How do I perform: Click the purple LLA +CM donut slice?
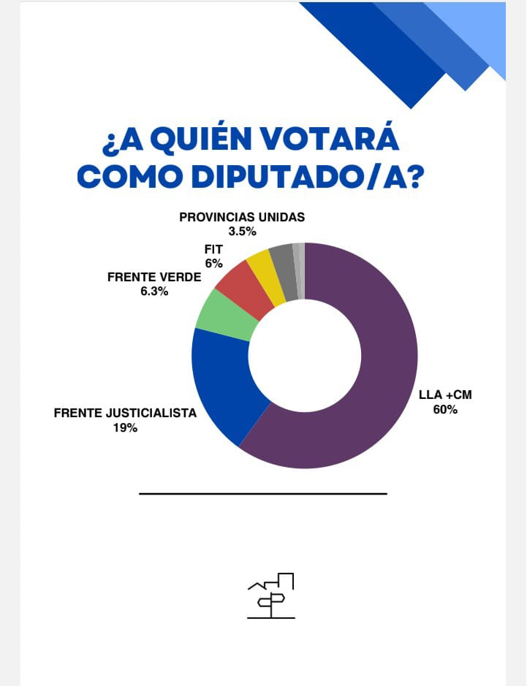(x=380, y=380)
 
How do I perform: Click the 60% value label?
(x=444, y=409)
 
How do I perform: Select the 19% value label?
(x=125, y=428)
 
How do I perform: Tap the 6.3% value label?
(x=153, y=291)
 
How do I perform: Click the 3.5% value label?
(x=241, y=232)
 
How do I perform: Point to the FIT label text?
(x=213, y=250)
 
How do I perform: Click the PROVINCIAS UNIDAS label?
(x=242, y=217)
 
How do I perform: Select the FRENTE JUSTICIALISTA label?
(x=125, y=413)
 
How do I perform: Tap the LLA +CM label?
(x=445, y=395)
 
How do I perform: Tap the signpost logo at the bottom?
(x=271, y=595)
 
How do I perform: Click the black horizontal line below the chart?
(x=262, y=494)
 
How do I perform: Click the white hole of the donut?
(x=305, y=356)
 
